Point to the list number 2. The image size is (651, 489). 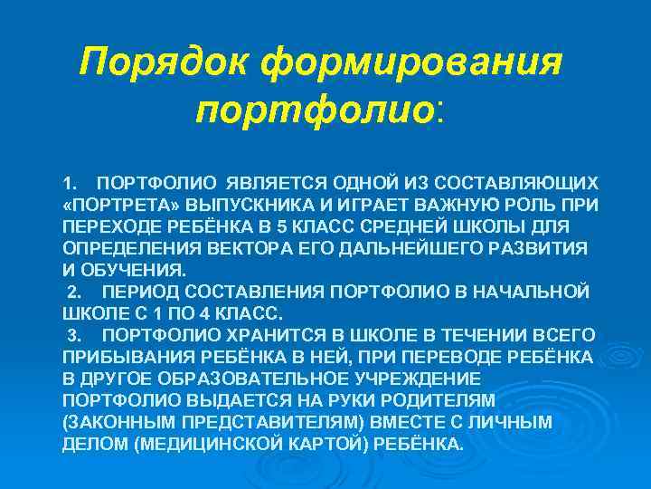coord(74,292)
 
